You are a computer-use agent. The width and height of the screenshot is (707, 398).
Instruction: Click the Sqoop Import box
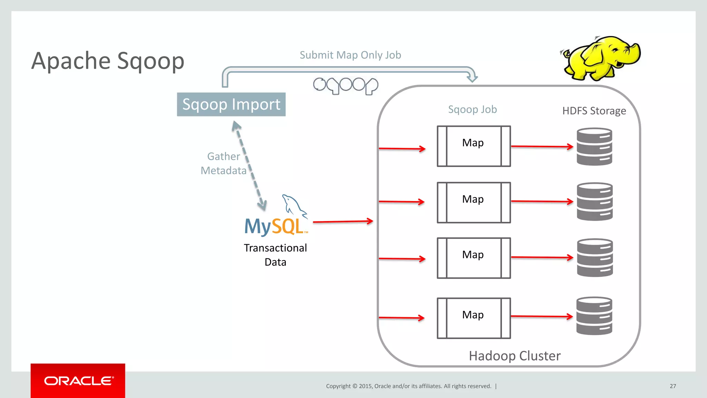pos(231,104)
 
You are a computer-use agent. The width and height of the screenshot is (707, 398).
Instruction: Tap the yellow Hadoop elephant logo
pos(601,58)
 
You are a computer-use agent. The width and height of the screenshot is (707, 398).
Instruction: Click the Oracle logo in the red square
pos(78,380)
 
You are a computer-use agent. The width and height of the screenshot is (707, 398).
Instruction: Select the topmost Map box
pos(473,146)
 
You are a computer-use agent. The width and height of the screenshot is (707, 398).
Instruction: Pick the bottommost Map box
pos(473,318)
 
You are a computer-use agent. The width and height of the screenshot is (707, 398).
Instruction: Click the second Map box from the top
pos(473,202)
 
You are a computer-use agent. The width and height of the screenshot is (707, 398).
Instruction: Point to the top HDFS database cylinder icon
pos(594,146)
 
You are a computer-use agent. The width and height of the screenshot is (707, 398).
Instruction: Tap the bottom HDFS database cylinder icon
pos(594,316)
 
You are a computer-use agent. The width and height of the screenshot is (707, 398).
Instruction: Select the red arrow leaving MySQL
pos(342,221)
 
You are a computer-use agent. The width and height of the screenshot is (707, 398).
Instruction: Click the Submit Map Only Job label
pos(350,55)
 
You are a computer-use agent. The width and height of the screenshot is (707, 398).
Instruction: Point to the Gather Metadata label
pos(223,163)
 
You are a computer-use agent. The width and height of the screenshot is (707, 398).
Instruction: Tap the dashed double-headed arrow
pos(249,166)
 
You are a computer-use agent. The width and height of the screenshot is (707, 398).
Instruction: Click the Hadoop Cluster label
pos(514,356)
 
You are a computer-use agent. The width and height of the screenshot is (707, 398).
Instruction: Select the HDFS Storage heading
pos(594,111)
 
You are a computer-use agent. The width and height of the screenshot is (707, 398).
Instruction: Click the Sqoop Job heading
pos(472,110)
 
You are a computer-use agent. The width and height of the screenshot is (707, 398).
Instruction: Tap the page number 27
pos(672,386)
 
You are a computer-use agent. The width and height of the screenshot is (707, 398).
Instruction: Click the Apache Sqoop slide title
pos(108,61)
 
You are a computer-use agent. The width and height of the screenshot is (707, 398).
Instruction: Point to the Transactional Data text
pos(275,255)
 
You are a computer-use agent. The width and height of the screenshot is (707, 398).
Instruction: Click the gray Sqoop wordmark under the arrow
pos(346,86)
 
